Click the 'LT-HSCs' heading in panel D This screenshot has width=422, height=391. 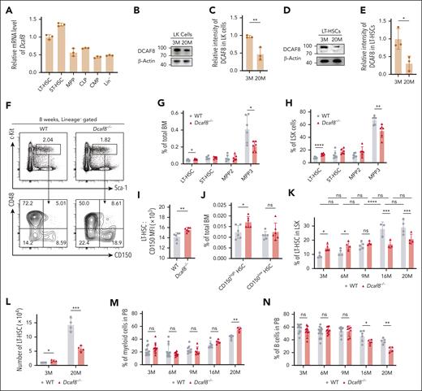pyautogui.click(x=342, y=8)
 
